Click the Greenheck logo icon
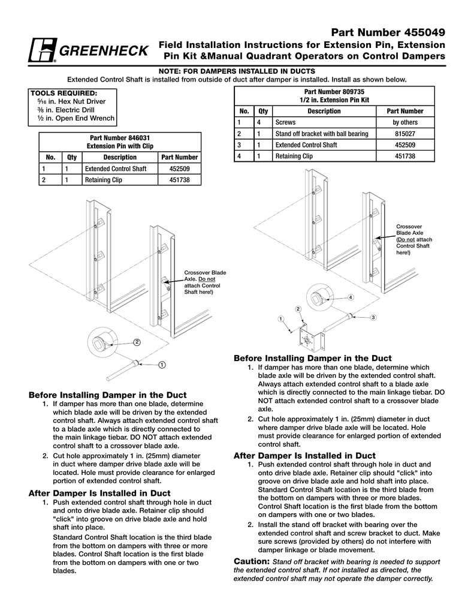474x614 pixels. coord(42,51)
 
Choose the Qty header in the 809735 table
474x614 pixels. coord(263,111)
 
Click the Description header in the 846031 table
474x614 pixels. coord(120,157)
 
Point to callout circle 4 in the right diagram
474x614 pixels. coord(351,297)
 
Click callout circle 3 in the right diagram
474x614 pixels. coord(373,317)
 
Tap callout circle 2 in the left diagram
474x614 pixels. coord(137,342)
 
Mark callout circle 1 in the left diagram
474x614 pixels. coord(162,365)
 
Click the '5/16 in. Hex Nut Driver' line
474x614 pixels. coord(71,102)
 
